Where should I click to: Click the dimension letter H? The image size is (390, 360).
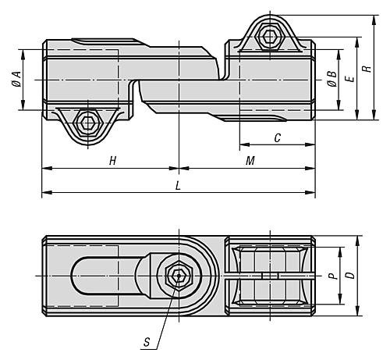coord(112,160)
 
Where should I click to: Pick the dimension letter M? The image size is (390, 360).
coord(250,160)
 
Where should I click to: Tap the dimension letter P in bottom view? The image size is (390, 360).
coord(331,276)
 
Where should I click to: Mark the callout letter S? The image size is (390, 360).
coord(148,341)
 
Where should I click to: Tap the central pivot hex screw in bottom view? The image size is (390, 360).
coord(179,276)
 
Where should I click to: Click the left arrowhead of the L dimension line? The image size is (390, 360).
coord(45,192)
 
